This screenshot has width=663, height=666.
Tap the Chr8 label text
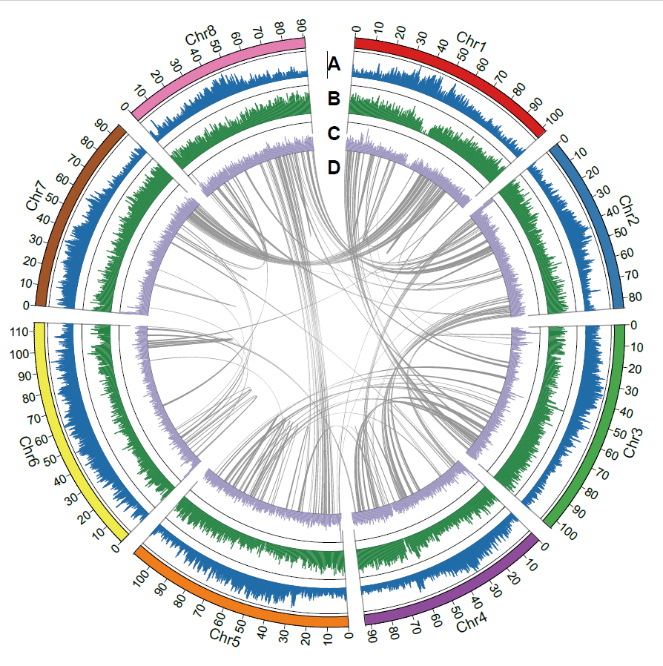201,35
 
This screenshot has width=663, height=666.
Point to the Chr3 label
633,443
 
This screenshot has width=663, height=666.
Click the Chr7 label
36,195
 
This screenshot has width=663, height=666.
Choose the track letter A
334,64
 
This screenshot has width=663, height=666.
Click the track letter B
334,99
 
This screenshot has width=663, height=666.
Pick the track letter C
334,133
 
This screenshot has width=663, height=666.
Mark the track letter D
334,168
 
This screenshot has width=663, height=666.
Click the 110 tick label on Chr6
19,332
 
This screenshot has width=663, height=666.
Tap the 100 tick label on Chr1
554,116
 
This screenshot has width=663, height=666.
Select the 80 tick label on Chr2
635,297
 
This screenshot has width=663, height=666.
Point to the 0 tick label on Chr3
633,325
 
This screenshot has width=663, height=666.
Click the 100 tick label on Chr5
142,578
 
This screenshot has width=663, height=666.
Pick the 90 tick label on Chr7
101,125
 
